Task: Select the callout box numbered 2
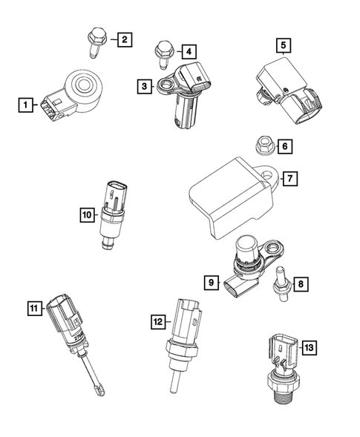click(x=124, y=39)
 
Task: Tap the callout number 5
click(x=284, y=46)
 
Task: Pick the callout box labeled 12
click(x=157, y=322)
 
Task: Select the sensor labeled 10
click(x=114, y=211)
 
